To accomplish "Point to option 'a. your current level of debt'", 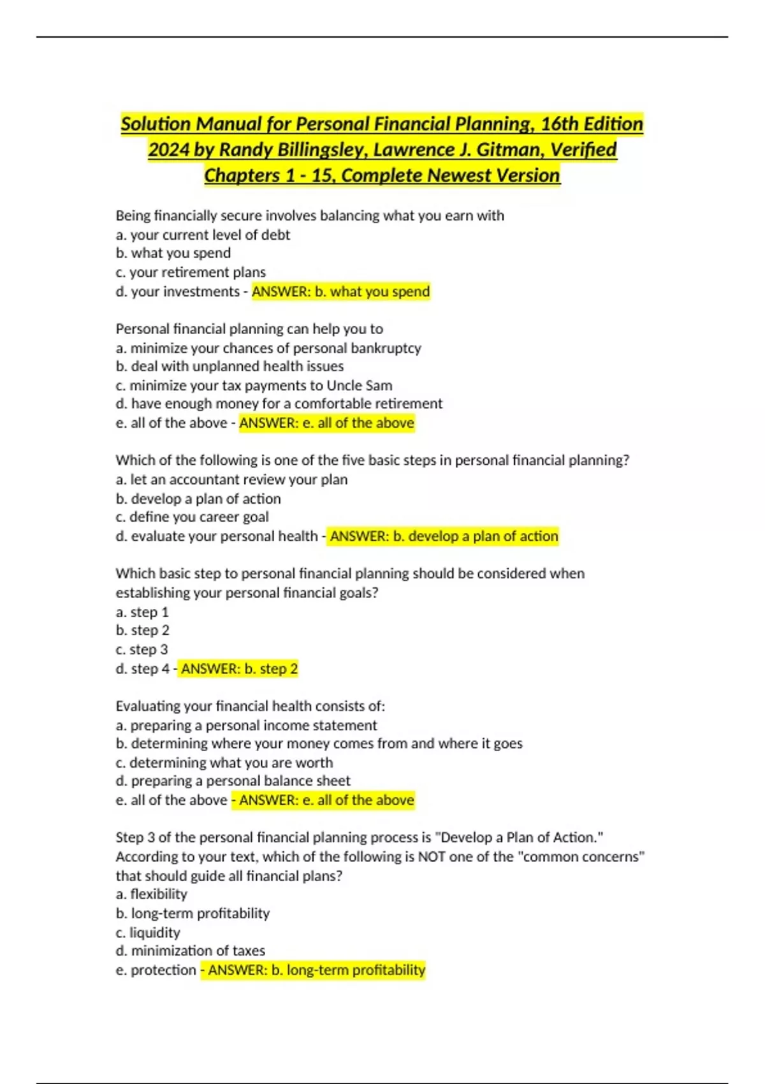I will pyautogui.click(x=203, y=235).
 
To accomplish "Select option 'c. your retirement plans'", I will pyautogui.click(x=191, y=273).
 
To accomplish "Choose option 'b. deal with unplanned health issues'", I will pyautogui.click(x=229, y=367).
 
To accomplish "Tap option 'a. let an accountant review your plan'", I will pyautogui.click(x=231, y=480).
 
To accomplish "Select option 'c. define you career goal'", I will pyautogui.click(x=192, y=517).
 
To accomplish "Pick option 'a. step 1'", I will pyautogui.click(x=142, y=612).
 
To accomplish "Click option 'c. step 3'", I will pyautogui.click(x=142, y=650).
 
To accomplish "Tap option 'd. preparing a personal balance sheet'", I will pyautogui.click(x=233, y=781).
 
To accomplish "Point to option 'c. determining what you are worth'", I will pyautogui.click(x=224, y=763).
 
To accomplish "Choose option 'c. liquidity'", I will pyautogui.click(x=148, y=933).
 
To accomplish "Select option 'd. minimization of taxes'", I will pyautogui.click(x=190, y=951).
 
